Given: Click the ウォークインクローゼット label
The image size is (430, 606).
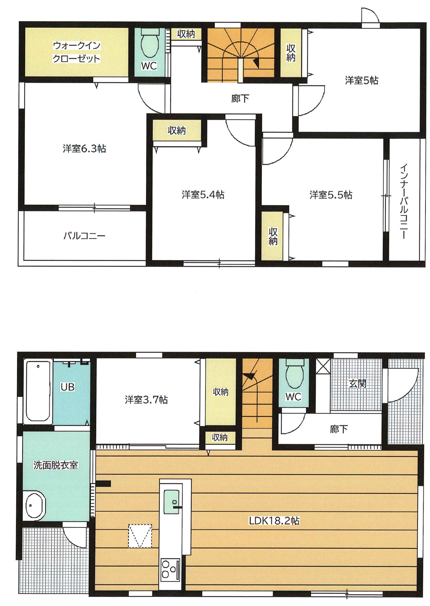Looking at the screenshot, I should (76, 52).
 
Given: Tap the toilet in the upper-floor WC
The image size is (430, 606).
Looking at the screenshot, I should (150, 45).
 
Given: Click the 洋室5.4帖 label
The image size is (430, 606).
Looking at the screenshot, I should (203, 195).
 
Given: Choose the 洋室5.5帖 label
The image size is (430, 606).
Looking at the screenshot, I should (331, 195).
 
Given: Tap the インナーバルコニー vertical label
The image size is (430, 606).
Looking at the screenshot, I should (404, 201).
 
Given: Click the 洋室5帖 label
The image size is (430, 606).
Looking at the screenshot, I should (362, 80).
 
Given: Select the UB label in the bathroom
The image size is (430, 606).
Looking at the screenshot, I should (68, 387).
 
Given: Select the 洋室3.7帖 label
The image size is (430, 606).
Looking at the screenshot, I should (146, 400).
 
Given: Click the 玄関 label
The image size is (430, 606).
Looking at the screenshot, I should (357, 383).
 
